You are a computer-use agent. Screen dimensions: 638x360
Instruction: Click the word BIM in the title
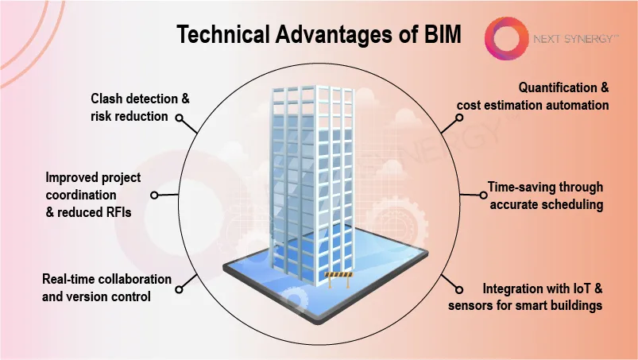click(x=443, y=34)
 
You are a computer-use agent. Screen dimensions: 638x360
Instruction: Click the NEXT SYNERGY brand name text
click(x=576, y=39)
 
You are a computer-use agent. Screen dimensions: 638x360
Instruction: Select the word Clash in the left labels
click(x=106, y=99)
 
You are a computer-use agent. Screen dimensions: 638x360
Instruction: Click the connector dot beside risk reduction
click(x=179, y=118)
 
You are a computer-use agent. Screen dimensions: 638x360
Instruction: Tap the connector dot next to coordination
click(x=154, y=195)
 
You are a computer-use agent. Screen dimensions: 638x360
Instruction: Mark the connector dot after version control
click(x=179, y=289)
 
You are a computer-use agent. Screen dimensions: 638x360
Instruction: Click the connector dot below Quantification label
click(x=459, y=118)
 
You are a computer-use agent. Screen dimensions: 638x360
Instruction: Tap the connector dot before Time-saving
click(x=483, y=195)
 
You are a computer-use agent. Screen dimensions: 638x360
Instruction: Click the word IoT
click(x=582, y=288)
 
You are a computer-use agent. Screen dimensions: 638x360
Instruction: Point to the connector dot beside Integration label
click(x=459, y=289)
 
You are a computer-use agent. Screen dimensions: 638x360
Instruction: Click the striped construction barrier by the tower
click(x=339, y=279)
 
